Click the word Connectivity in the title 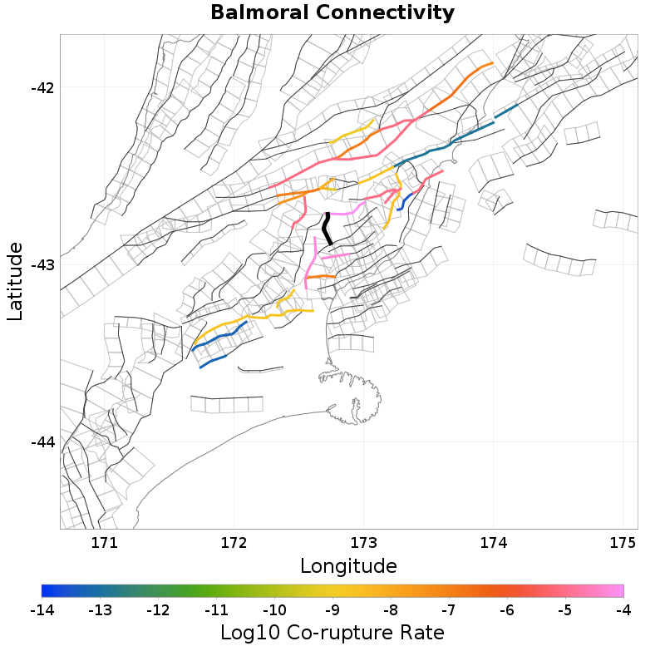click(x=386, y=13)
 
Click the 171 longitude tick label click(x=104, y=543)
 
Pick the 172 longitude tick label click(x=234, y=543)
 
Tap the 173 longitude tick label click(x=363, y=543)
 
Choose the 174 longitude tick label click(x=493, y=543)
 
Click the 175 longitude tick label click(x=623, y=543)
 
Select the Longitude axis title click(x=348, y=566)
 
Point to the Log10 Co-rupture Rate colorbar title click(x=332, y=633)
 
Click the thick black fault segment click(x=328, y=228)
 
